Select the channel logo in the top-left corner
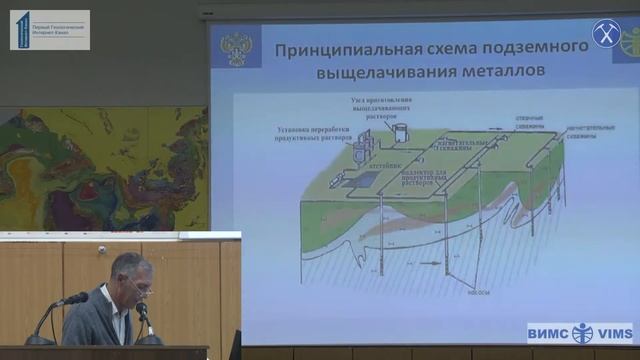pyautogui.click(x=49, y=30)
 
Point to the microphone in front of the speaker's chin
pyautogui.click(x=142, y=312)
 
